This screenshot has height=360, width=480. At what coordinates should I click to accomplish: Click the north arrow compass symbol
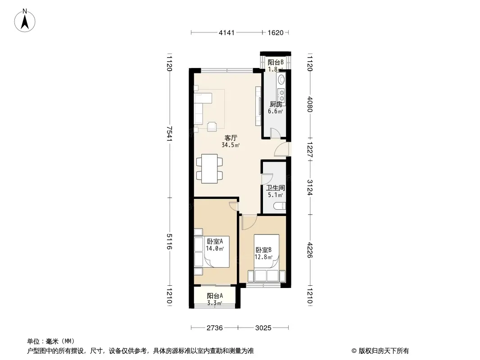[25, 21]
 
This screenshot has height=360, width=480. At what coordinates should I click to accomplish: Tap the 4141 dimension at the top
[226, 32]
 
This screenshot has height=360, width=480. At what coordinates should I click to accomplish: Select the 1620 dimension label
[276, 32]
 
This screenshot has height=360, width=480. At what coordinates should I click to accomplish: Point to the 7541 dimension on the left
[169, 134]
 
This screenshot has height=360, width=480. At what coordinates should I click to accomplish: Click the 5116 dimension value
[169, 242]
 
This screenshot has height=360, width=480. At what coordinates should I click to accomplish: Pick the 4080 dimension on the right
[310, 104]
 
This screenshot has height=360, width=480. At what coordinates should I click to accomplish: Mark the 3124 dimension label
[310, 188]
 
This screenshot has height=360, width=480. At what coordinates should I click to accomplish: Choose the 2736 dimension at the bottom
[215, 328]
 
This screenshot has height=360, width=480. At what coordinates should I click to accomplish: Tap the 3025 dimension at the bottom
[263, 328]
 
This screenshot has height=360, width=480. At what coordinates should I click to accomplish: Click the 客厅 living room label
[231, 138]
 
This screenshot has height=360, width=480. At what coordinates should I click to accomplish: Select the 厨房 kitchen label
[276, 104]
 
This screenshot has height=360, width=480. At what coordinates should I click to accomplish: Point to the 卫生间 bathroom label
[276, 188]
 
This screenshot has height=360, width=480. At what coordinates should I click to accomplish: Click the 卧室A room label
[215, 241]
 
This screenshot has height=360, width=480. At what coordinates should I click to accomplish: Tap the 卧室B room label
[263, 250]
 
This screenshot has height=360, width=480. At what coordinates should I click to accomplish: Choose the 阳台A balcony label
[215, 296]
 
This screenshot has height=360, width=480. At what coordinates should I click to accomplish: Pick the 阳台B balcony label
[276, 63]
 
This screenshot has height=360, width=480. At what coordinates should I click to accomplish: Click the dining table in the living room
[209, 169]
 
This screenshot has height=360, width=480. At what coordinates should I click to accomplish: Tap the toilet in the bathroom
[281, 206]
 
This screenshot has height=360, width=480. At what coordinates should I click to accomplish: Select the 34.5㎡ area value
[231, 145]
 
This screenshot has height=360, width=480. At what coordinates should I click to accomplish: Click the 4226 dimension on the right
[310, 250]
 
